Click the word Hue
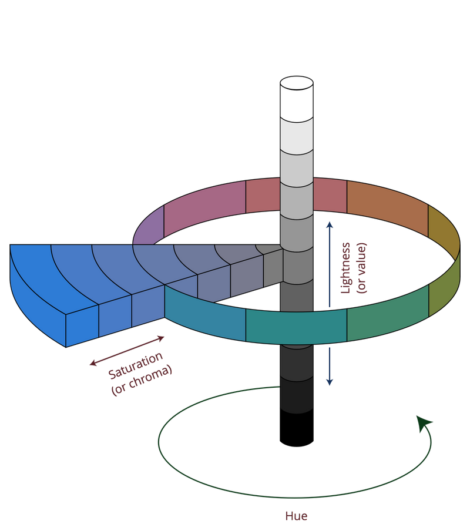296,516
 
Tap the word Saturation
135,365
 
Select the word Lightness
345,268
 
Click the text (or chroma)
142,380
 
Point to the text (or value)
361,268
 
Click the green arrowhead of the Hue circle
423,423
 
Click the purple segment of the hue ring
149,227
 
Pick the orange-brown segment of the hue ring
387,207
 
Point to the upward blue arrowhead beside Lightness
330,225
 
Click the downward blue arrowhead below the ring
330,382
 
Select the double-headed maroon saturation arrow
127,351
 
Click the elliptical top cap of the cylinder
297,83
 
